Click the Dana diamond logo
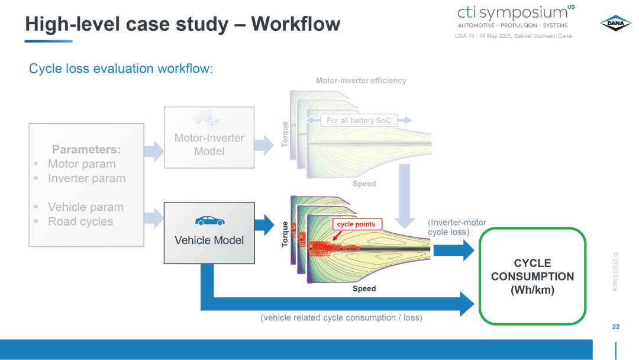click(x=615, y=23)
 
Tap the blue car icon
click(x=209, y=221)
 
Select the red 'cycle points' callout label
click(x=357, y=224)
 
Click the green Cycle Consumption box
click(x=532, y=276)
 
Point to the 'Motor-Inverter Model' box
click(x=209, y=137)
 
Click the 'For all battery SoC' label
click(x=359, y=120)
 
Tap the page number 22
click(x=616, y=327)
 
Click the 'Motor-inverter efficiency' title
click(x=361, y=81)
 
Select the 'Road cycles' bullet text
click(x=80, y=221)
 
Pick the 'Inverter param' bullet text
click(x=87, y=178)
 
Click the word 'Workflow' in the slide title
click(x=295, y=24)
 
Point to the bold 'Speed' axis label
click(x=364, y=289)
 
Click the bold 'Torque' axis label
click(x=285, y=234)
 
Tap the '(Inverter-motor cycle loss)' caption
click(x=457, y=227)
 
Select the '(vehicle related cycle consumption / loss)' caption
click(x=341, y=317)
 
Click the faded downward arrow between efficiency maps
click(x=404, y=196)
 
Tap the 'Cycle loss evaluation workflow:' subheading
click(x=121, y=69)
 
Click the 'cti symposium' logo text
click(x=512, y=12)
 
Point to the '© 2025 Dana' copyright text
click(x=615, y=271)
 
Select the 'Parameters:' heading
click(x=86, y=149)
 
